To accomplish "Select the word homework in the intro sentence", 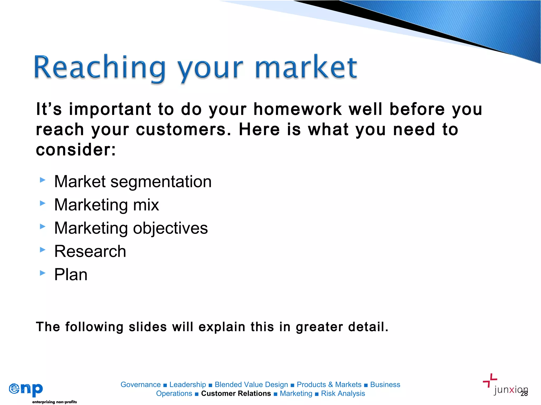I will tap(297, 109).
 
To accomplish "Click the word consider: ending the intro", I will tap(76, 150).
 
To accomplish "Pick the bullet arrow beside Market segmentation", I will tap(43, 180).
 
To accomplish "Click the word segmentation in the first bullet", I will tap(161, 182).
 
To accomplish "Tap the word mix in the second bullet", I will tap(146, 205).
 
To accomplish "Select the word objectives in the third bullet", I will tap(170, 228).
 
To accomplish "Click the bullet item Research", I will tap(90, 251).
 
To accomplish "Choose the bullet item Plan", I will tap(71, 274).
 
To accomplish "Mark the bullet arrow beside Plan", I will tap(43, 273).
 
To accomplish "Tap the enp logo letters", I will tap(26, 389).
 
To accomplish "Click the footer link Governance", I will tap(141, 385).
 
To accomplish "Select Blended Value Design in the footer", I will tap(251, 385).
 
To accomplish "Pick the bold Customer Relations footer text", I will tap(236, 393).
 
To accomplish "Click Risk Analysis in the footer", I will tap(343, 393).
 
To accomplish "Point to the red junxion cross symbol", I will tap(490, 380).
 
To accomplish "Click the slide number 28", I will tap(524, 394).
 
